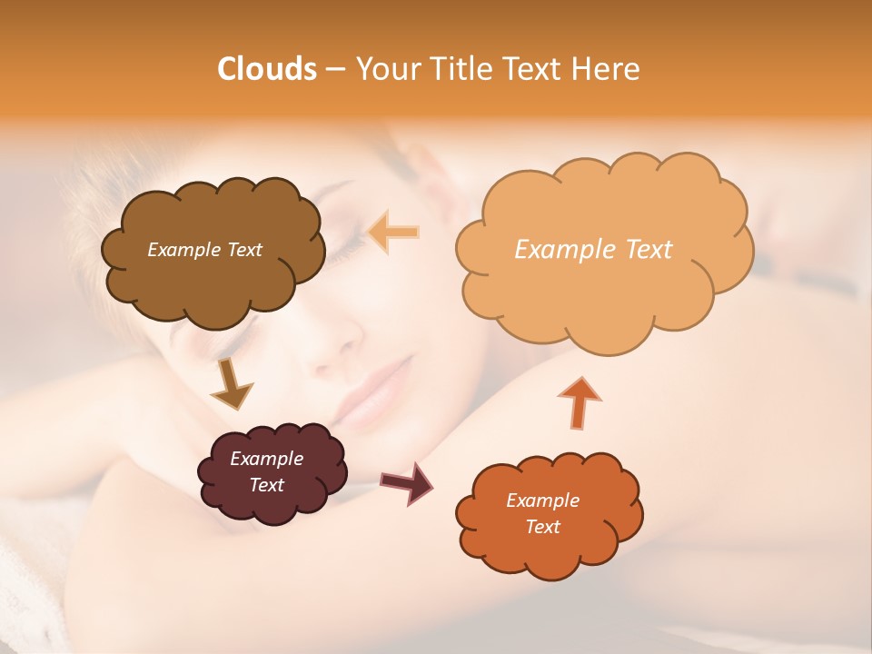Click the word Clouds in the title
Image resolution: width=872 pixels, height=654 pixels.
pyautogui.click(x=266, y=69)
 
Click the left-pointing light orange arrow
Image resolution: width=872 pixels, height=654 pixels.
pyautogui.click(x=393, y=233)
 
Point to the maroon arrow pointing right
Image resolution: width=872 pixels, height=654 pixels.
pyautogui.click(x=407, y=482)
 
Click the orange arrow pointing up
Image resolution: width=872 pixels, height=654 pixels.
pyautogui.click(x=579, y=402)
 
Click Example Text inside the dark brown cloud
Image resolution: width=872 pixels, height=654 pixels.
pyautogui.click(x=204, y=250)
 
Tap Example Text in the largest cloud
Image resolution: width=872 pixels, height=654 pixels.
pyautogui.click(x=593, y=250)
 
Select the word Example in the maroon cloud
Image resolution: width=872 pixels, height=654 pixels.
pyautogui.click(x=266, y=459)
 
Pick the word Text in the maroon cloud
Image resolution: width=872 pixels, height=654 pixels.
pyautogui.click(x=266, y=485)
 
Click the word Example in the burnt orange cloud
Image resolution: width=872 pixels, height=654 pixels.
pyautogui.click(x=542, y=500)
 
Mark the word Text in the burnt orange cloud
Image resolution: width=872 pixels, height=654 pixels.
pyautogui.click(x=542, y=527)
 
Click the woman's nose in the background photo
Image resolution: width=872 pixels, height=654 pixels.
pyautogui.click(x=339, y=345)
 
